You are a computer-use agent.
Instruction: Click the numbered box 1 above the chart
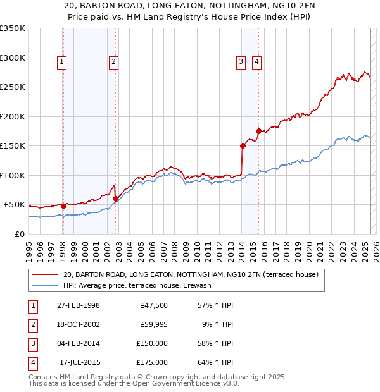pos(62,61)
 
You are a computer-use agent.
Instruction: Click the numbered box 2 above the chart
pos(113,61)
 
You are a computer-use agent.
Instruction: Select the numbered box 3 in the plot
pos(241,61)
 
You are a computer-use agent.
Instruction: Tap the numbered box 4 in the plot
pos(256,61)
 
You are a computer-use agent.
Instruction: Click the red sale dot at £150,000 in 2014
pos(243,145)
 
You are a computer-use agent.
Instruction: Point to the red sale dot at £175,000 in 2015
pos(258,131)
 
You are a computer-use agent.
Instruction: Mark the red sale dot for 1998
pos(63,206)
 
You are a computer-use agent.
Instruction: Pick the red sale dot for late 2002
pos(115,199)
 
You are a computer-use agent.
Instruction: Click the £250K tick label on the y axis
pos(13,87)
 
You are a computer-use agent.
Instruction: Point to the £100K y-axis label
pos(13,175)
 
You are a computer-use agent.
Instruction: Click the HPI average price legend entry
pos(137,285)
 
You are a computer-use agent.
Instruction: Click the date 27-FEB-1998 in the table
pos(78,305)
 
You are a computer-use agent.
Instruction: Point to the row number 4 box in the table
pos(32,362)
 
